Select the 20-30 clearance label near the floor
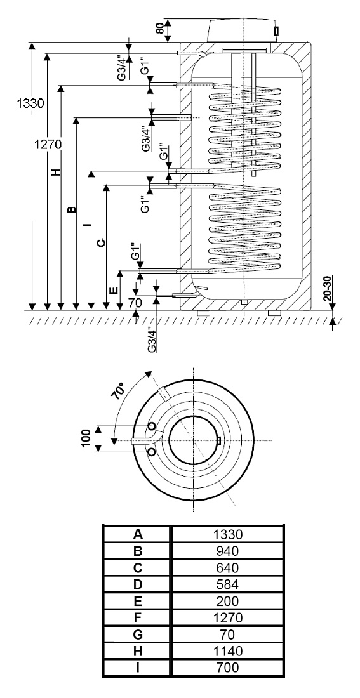point(328,289)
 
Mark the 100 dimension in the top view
point(87,438)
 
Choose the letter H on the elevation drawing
point(55,172)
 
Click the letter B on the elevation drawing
point(71,209)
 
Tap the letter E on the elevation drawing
point(114,290)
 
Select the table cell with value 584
point(227,584)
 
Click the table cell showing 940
point(227,551)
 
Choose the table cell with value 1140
point(227,651)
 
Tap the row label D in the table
point(138,584)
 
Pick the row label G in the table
point(138,635)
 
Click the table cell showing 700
point(227,668)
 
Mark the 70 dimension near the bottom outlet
point(135,303)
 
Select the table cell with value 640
point(227,567)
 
